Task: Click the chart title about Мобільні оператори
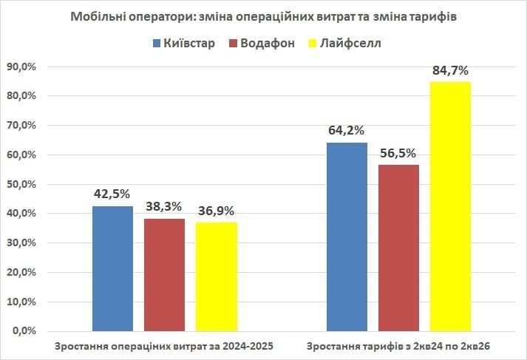264,16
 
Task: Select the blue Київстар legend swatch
157,43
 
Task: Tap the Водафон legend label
267,43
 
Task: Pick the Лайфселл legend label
351,43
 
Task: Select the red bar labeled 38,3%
164,274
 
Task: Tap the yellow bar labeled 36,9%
216,276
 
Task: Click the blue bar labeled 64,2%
347,237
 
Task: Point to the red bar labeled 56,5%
398,248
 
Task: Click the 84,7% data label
450,71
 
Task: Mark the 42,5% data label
112,194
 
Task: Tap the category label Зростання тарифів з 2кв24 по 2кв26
398,346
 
